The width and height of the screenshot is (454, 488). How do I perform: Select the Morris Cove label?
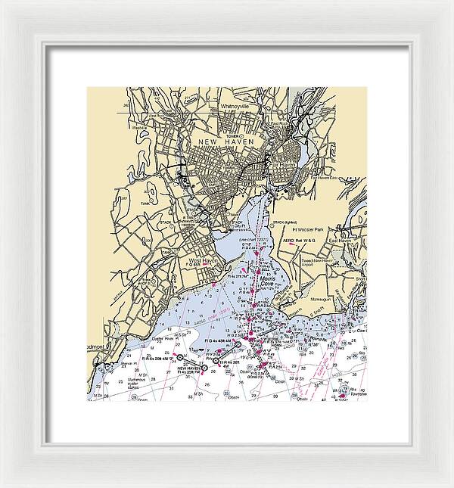pyautogui.click(x=269, y=281)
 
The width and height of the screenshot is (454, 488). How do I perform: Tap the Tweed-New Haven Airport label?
pyautogui.click(x=319, y=262)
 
